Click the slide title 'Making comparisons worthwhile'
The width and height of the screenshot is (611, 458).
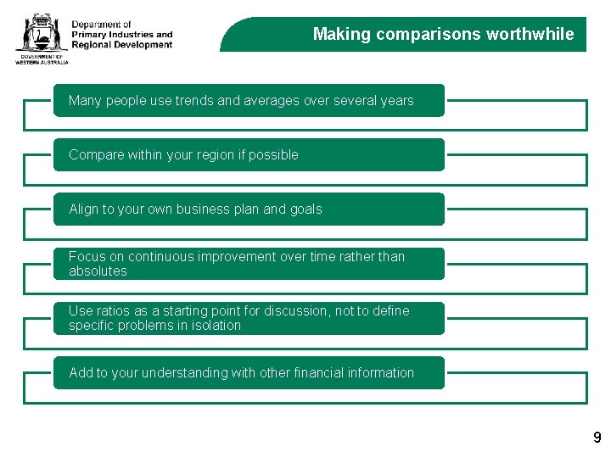tap(443, 35)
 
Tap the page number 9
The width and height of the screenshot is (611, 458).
tap(597, 438)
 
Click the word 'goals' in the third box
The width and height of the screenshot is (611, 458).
tap(305, 209)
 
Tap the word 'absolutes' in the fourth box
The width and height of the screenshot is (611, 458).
tap(98, 271)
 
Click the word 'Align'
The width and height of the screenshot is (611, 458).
tap(84, 209)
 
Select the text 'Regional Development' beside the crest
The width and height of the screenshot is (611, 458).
tap(121, 45)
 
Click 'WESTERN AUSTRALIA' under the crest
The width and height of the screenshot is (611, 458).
tap(42, 62)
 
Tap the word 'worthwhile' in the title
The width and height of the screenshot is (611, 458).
tap(530, 35)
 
